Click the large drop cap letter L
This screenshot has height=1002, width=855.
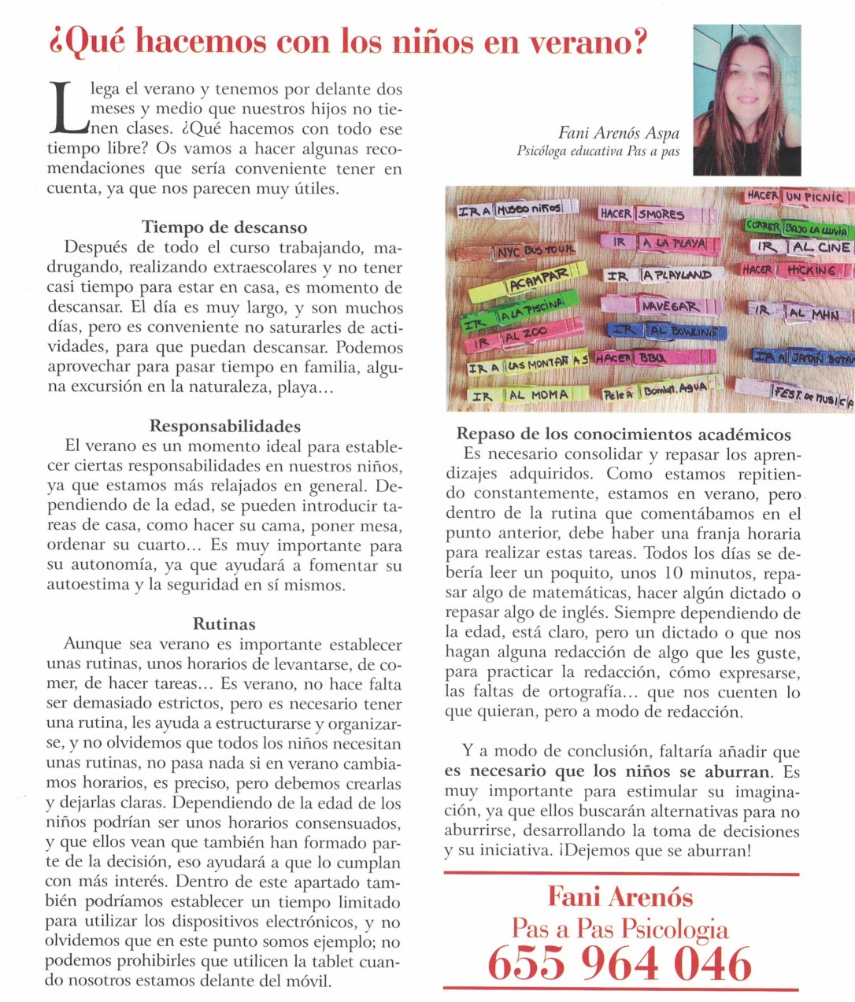tap(66, 108)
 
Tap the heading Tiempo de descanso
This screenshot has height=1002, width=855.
tap(224, 227)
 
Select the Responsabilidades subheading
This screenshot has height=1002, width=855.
tap(224, 426)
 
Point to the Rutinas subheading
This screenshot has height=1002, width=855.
tap(224, 624)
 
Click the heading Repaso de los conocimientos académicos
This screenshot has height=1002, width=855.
tap(624, 434)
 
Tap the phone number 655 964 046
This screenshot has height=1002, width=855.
tap(620, 963)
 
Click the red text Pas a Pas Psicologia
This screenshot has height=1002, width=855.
tap(620, 928)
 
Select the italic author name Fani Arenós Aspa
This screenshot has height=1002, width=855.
tap(618, 133)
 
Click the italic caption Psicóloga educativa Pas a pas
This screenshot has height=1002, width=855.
tap(598, 151)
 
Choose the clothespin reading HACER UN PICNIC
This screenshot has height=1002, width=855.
tap(795, 196)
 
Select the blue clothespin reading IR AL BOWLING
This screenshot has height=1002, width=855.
tap(665, 331)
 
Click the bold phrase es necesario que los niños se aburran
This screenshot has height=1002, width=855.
tap(606, 771)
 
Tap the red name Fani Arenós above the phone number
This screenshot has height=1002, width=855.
tap(620, 897)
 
